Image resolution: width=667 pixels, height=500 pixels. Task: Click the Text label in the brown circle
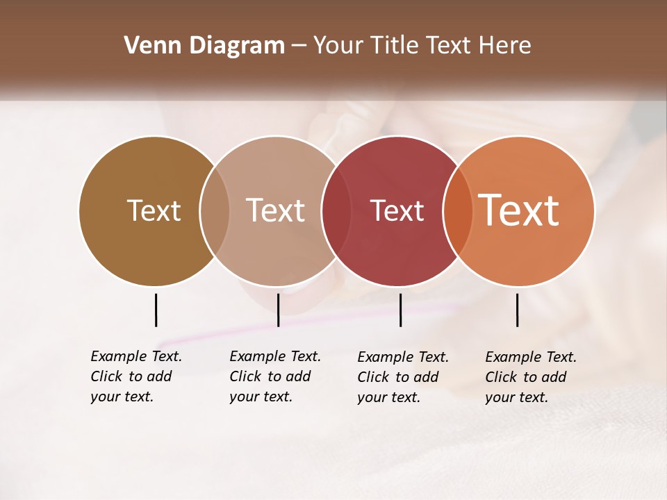click(154, 210)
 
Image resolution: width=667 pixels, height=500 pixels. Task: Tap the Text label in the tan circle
click(275, 210)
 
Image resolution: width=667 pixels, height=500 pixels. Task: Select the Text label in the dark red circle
click(397, 210)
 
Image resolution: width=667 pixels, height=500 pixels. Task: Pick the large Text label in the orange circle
click(519, 210)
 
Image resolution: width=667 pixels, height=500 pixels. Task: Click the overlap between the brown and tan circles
click(215, 210)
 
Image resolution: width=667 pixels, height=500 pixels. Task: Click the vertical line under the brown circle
click(156, 310)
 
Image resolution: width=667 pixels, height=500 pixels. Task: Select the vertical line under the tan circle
click(278, 310)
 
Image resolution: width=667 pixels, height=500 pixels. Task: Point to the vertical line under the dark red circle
click(400, 310)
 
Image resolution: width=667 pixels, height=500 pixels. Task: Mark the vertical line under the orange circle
click(517, 310)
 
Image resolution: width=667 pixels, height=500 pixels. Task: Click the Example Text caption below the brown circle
click(135, 376)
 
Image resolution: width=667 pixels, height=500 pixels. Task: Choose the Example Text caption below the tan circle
click(274, 376)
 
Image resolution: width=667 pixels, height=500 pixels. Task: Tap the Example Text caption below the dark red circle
click(402, 377)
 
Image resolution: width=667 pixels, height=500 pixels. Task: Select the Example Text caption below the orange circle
click(530, 377)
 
